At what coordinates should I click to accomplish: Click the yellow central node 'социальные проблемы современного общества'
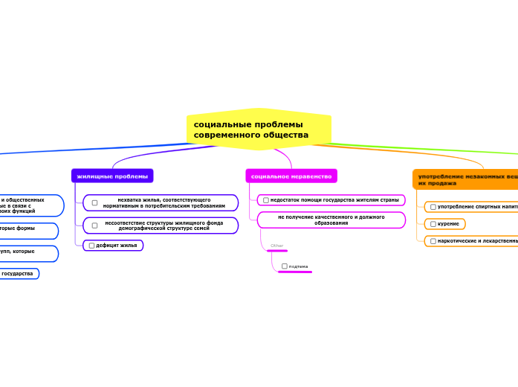pos(258,129)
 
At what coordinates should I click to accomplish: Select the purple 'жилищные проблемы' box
pos(112,176)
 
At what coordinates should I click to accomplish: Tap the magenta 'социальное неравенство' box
pos(291,176)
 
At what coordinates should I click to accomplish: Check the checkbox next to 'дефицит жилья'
pos(91,246)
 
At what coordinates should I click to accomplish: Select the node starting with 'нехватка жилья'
pos(164,202)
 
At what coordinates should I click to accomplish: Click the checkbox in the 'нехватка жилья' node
pos(94,202)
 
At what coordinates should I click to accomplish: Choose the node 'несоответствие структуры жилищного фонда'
pos(164,225)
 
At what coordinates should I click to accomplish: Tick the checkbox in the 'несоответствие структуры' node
pos(94,226)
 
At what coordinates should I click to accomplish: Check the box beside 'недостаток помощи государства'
pos(266,200)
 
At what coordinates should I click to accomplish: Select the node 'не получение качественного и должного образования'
pos(331,220)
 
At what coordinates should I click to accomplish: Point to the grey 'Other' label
pos(276,246)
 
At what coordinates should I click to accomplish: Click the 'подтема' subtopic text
pos(298,266)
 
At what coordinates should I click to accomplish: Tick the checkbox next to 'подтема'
pos(285,266)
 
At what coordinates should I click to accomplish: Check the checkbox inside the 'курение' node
pos(433,224)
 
